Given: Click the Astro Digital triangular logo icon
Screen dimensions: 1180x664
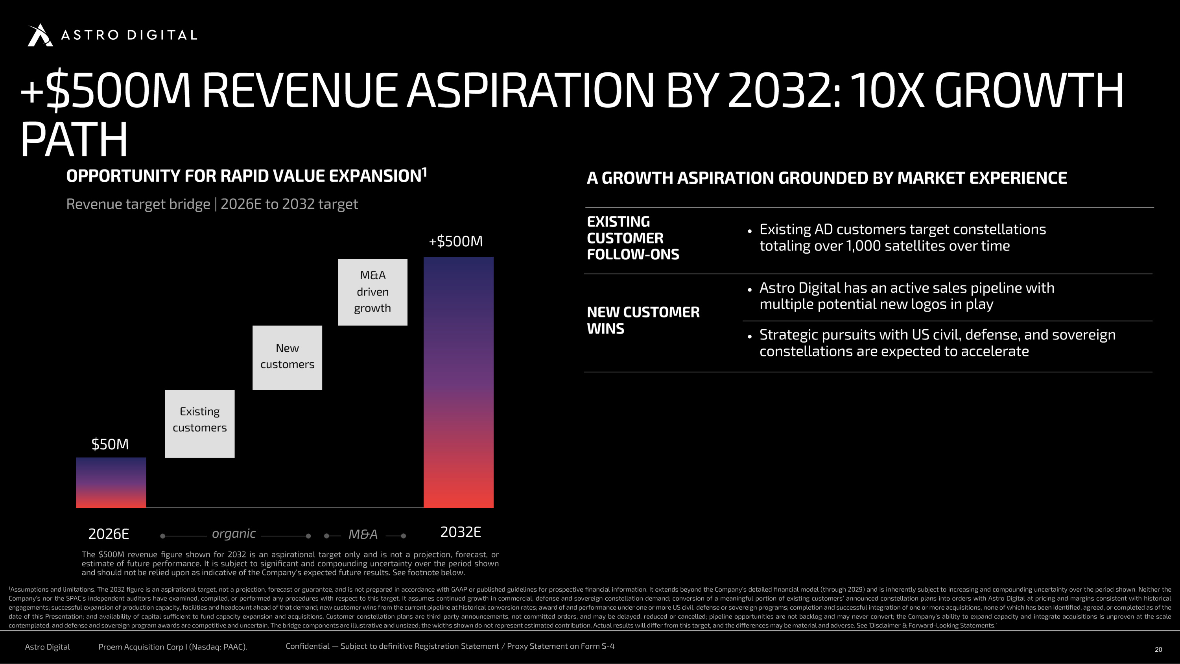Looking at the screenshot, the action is pyautogui.click(x=40, y=35).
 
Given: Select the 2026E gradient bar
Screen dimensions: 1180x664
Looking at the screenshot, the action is pyautogui.click(x=111, y=483).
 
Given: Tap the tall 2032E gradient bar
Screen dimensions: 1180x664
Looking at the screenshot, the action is pyautogui.click(x=459, y=382).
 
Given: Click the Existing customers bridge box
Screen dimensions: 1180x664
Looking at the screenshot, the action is pyautogui.click(x=200, y=424).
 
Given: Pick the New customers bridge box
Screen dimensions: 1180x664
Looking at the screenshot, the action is pyautogui.click(x=287, y=358).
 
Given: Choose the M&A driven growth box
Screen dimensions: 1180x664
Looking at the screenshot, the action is pyautogui.click(x=372, y=292).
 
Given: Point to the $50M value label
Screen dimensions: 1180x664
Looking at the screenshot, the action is pyautogui.click(x=110, y=444).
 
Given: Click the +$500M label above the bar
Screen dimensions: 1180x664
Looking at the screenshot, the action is pyautogui.click(x=456, y=241).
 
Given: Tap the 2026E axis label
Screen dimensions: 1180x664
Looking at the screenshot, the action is pyautogui.click(x=109, y=534).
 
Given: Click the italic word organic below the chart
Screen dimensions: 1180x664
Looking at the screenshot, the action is pyautogui.click(x=234, y=534).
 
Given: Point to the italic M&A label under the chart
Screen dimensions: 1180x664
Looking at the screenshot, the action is pyautogui.click(x=363, y=534).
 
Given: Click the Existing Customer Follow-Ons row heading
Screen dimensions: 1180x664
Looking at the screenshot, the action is pyautogui.click(x=633, y=238).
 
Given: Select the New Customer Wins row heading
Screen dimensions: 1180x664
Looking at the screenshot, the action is pyautogui.click(x=643, y=320).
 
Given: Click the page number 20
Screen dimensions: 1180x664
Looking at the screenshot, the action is pyautogui.click(x=1158, y=649).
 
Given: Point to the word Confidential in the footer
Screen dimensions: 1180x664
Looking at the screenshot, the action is pyautogui.click(x=307, y=646).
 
